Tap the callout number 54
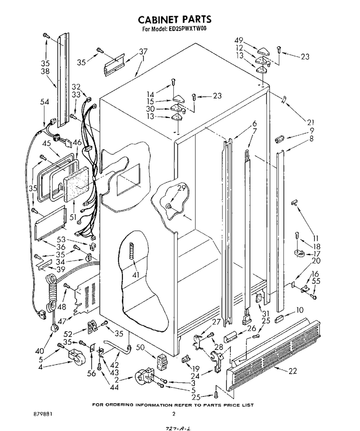tap(45, 102)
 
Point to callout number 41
tap(135, 274)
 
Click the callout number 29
tap(181, 189)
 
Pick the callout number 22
tap(292, 371)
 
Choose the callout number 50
tap(140, 347)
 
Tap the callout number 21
tap(310, 122)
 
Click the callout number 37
tap(143, 51)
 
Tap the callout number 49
tap(238, 40)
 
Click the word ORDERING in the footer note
tap(121, 404)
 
